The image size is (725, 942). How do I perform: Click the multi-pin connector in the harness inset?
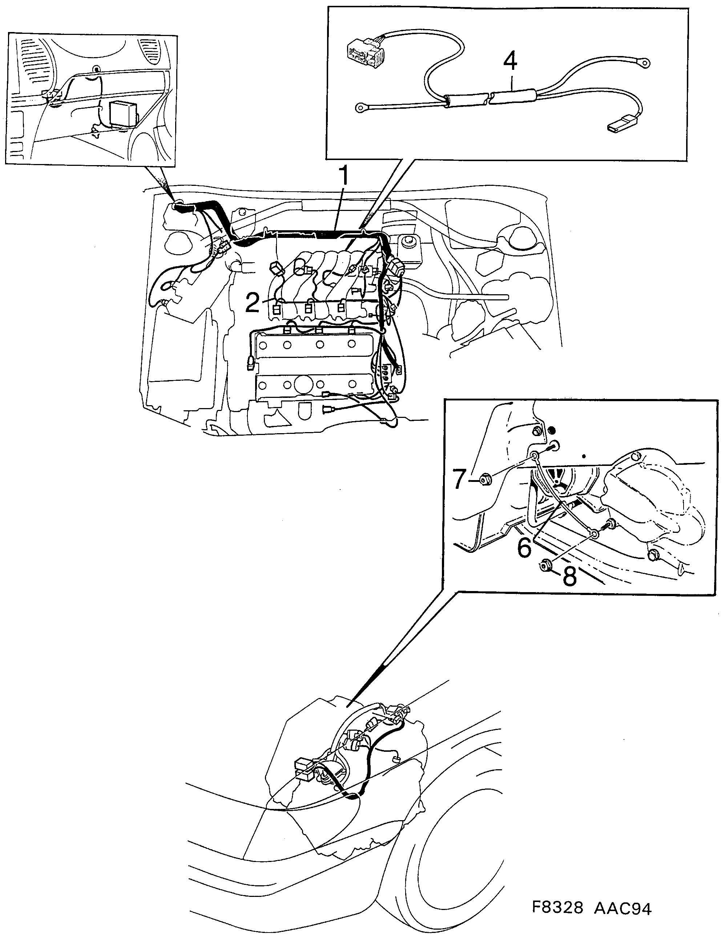(x=364, y=51)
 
